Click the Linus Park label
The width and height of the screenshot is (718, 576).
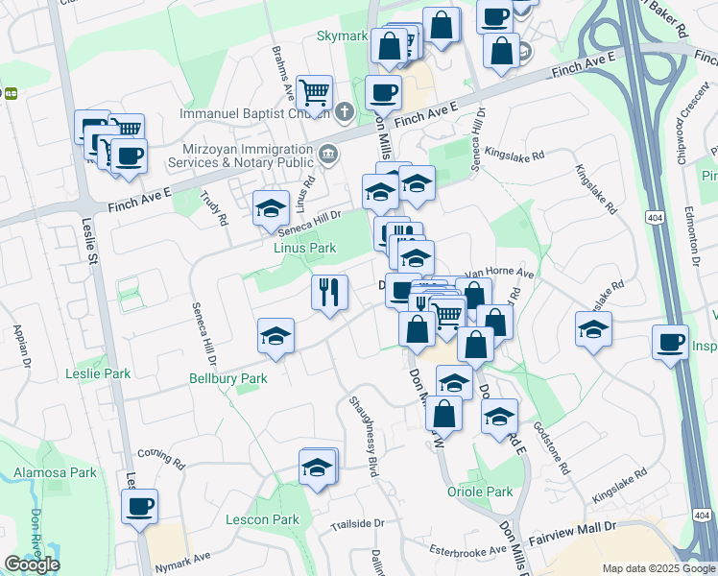[305, 248]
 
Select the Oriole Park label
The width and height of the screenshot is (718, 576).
[480, 492]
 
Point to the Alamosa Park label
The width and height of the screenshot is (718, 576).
[56, 472]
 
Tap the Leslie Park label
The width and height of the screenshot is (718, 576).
[97, 372]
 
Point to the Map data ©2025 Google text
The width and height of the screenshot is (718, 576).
[657, 568]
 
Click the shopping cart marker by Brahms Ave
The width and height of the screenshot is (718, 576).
[314, 93]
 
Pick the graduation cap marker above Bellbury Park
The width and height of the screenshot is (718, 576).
[275, 336]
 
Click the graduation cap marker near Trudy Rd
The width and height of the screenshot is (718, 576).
[271, 207]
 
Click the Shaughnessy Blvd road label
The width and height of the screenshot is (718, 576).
[364, 436]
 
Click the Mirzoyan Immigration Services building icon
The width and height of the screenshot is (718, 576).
[327, 153]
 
